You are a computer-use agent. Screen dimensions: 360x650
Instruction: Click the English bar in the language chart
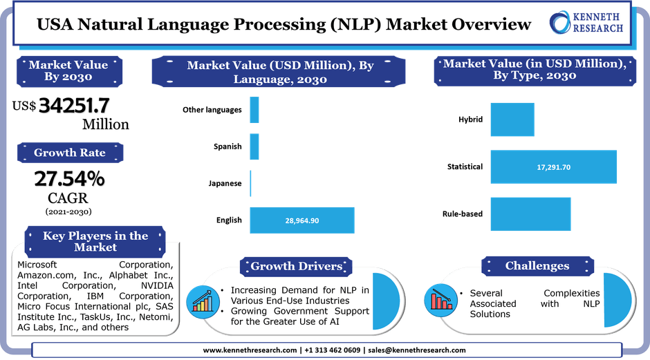point(301,220)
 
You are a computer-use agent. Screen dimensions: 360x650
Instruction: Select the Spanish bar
point(254,146)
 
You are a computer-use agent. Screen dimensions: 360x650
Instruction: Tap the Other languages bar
point(254,110)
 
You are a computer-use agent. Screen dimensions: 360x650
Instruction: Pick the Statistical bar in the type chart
point(553,167)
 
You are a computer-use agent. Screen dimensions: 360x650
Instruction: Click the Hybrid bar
point(512,120)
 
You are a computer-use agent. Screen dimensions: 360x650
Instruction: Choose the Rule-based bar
point(512,214)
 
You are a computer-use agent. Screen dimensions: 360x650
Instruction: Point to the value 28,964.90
point(302,220)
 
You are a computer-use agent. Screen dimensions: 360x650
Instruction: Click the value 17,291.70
point(554,167)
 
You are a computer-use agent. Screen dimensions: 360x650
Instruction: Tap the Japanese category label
point(225,184)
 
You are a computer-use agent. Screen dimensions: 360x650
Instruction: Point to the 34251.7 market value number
point(75,105)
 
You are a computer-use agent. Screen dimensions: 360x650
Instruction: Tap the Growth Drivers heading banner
point(296,266)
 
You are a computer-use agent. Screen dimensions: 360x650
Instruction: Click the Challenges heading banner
point(537,265)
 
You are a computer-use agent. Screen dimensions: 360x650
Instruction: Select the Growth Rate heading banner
point(70,153)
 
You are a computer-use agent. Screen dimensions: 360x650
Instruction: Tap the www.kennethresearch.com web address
point(250,350)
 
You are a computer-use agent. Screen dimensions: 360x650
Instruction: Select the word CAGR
point(68,200)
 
